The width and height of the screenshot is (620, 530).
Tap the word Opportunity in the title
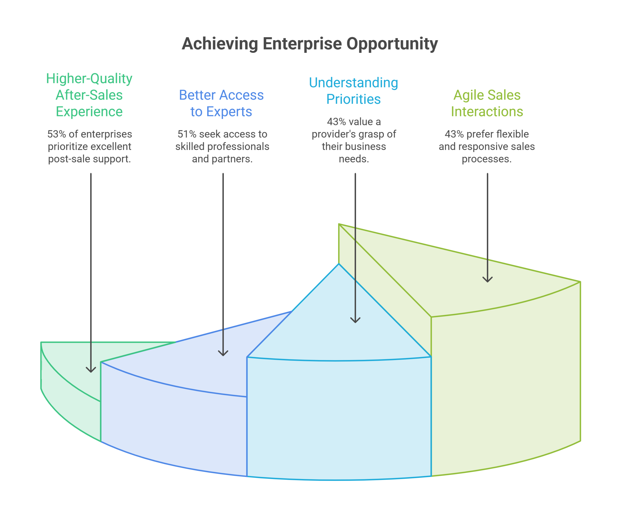coord(392,44)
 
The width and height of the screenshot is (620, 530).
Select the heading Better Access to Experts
coord(221,103)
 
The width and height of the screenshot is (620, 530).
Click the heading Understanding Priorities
coord(353,91)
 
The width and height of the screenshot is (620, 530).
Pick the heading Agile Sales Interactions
coord(487,103)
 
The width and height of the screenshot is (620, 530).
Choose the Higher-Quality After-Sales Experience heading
coord(89,95)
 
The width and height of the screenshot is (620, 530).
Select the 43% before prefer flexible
coord(454,134)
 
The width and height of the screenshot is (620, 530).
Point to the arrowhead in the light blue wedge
coord(355,320)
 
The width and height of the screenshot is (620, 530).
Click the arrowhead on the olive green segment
coord(488,280)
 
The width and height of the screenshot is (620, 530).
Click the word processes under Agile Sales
coord(487,159)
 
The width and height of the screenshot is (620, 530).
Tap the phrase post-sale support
coord(89,159)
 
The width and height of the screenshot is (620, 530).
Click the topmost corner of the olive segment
coord(339,224)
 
